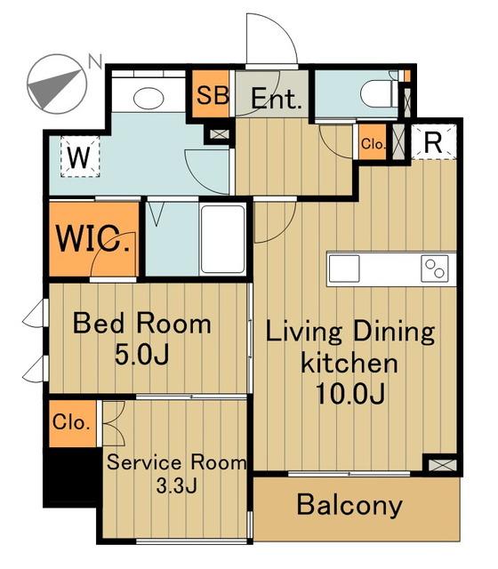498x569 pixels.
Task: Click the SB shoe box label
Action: (x=213, y=95)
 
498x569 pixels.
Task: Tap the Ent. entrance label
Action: (x=277, y=99)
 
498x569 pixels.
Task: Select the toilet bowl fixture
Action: (x=380, y=93)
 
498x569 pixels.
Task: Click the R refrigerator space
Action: (x=433, y=142)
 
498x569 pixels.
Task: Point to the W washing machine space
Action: (x=80, y=156)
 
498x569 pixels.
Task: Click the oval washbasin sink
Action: (x=149, y=98)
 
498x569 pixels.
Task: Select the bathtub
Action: (x=223, y=239)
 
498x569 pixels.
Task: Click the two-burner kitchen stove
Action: (x=435, y=268)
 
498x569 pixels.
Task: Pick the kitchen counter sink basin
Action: (x=344, y=268)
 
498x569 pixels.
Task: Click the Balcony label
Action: (x=349, y=505)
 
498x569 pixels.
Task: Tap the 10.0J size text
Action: (x=350, y=394)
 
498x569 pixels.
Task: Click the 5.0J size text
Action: (x=142, y=354)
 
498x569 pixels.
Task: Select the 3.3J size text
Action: (x=177, y=485)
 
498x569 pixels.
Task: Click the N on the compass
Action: (x=95, y=61)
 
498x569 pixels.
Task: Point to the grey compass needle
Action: (x=54, y=88)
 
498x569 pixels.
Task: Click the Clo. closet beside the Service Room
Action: (x=73, y=423)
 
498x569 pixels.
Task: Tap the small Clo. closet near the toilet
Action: (x=373, y=142)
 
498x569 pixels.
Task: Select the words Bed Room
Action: (x=142, y=323)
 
